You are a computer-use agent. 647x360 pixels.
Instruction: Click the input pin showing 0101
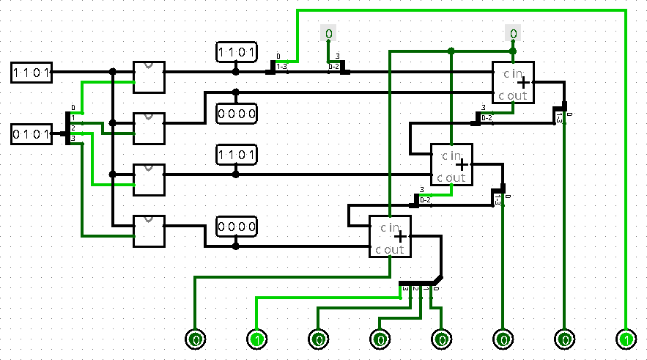31,134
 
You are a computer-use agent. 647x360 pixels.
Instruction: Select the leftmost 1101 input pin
31,72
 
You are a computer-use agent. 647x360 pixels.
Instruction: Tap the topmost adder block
512,82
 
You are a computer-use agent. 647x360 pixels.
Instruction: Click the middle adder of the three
451,164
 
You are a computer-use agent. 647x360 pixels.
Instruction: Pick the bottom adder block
390,236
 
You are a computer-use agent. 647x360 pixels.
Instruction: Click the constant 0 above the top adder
513,34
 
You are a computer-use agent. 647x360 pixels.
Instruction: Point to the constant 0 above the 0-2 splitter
328,34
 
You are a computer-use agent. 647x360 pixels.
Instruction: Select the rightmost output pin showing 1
626,339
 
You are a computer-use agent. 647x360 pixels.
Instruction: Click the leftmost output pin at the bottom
195,339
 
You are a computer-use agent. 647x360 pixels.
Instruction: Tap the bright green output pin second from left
256,339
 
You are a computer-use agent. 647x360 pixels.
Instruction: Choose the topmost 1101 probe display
236,52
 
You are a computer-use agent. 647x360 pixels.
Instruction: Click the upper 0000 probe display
236,113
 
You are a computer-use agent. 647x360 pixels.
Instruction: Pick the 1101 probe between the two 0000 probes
236,155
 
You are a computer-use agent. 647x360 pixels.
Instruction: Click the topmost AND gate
148,76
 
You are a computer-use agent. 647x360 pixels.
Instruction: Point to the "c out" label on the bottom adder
389,249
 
